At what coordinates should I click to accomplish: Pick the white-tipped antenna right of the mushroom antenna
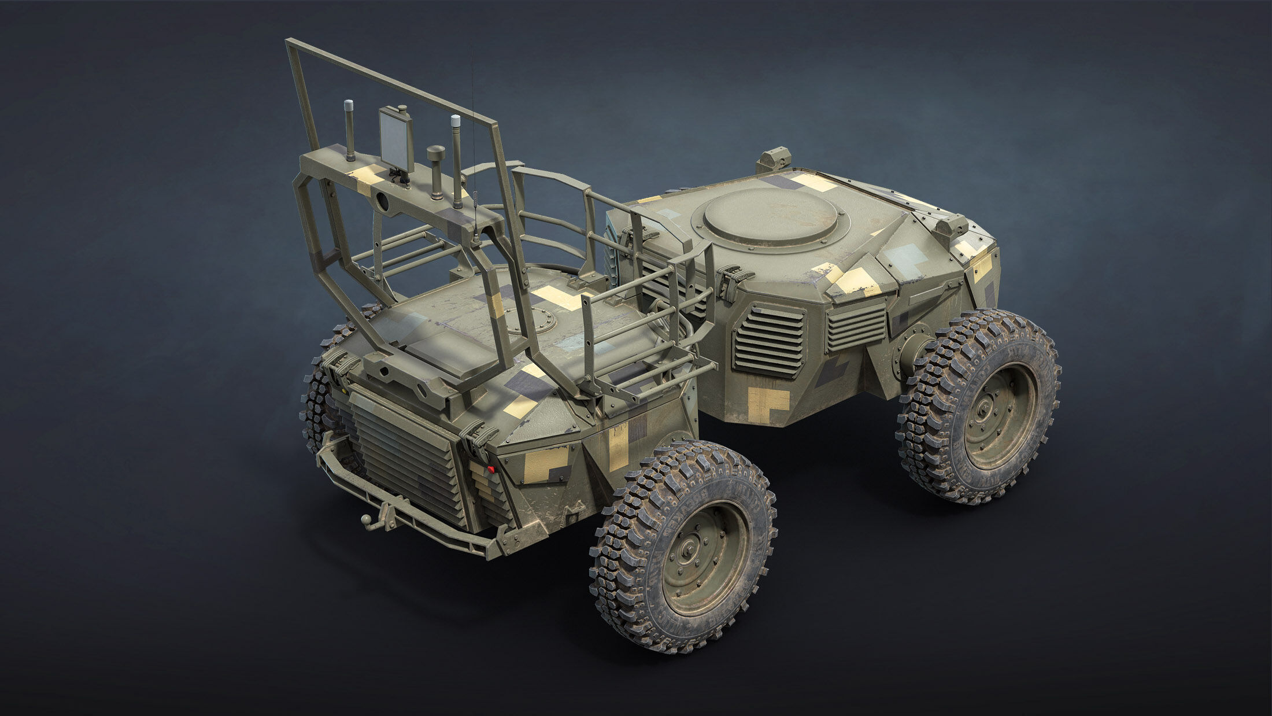pos(456,160)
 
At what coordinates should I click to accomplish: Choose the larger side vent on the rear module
pos(770,342)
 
